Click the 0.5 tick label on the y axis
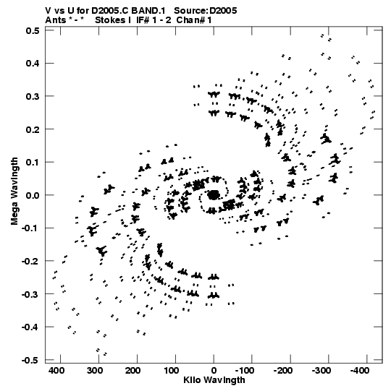[x=33, y=30]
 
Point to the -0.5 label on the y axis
[x=30, y=361]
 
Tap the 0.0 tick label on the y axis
[x=33, y=195]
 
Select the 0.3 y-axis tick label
[x=33, y=96]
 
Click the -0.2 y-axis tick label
[x=30, y=262]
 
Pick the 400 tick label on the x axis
[x=56, y=371]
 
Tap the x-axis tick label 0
[x=214, y=371]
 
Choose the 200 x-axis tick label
[x=133, y=371]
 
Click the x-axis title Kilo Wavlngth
[x=214, y=380]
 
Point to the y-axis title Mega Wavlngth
[x=14, y=192]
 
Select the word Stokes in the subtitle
[x=110, y=20]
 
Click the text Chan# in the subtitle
[x=191, y=20]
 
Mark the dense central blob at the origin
[x=214, y=194]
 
